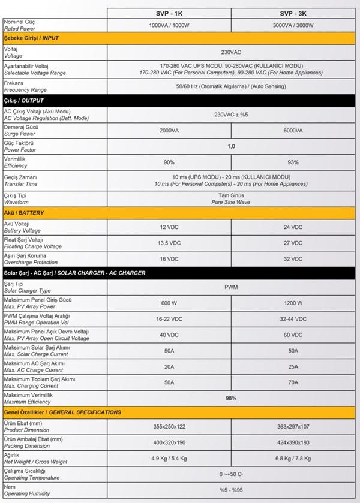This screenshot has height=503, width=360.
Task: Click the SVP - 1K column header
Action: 169,13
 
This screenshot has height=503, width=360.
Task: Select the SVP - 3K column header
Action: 293,13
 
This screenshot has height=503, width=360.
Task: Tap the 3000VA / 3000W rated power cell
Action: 293,25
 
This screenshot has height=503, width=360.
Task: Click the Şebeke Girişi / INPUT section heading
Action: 32,38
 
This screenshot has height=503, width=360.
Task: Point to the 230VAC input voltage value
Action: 231,52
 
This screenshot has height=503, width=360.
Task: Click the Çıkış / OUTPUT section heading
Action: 24,100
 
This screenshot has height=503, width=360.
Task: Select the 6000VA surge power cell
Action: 293,131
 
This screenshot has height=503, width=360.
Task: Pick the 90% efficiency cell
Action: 169,162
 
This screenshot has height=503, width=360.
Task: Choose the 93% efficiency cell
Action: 293,162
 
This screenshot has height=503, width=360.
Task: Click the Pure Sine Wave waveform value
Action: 231,202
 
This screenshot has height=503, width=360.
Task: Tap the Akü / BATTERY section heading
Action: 24,213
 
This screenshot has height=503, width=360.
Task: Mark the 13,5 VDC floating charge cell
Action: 169,243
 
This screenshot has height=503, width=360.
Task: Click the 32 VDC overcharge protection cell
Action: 293,259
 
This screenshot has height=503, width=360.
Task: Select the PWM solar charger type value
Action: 231,287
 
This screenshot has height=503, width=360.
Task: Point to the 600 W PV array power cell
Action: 169,303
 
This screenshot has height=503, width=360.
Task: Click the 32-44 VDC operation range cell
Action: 293,319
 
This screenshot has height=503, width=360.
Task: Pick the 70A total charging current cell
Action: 293,382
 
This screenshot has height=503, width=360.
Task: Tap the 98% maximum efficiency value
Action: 231,398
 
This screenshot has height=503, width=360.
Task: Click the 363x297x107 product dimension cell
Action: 293,426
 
